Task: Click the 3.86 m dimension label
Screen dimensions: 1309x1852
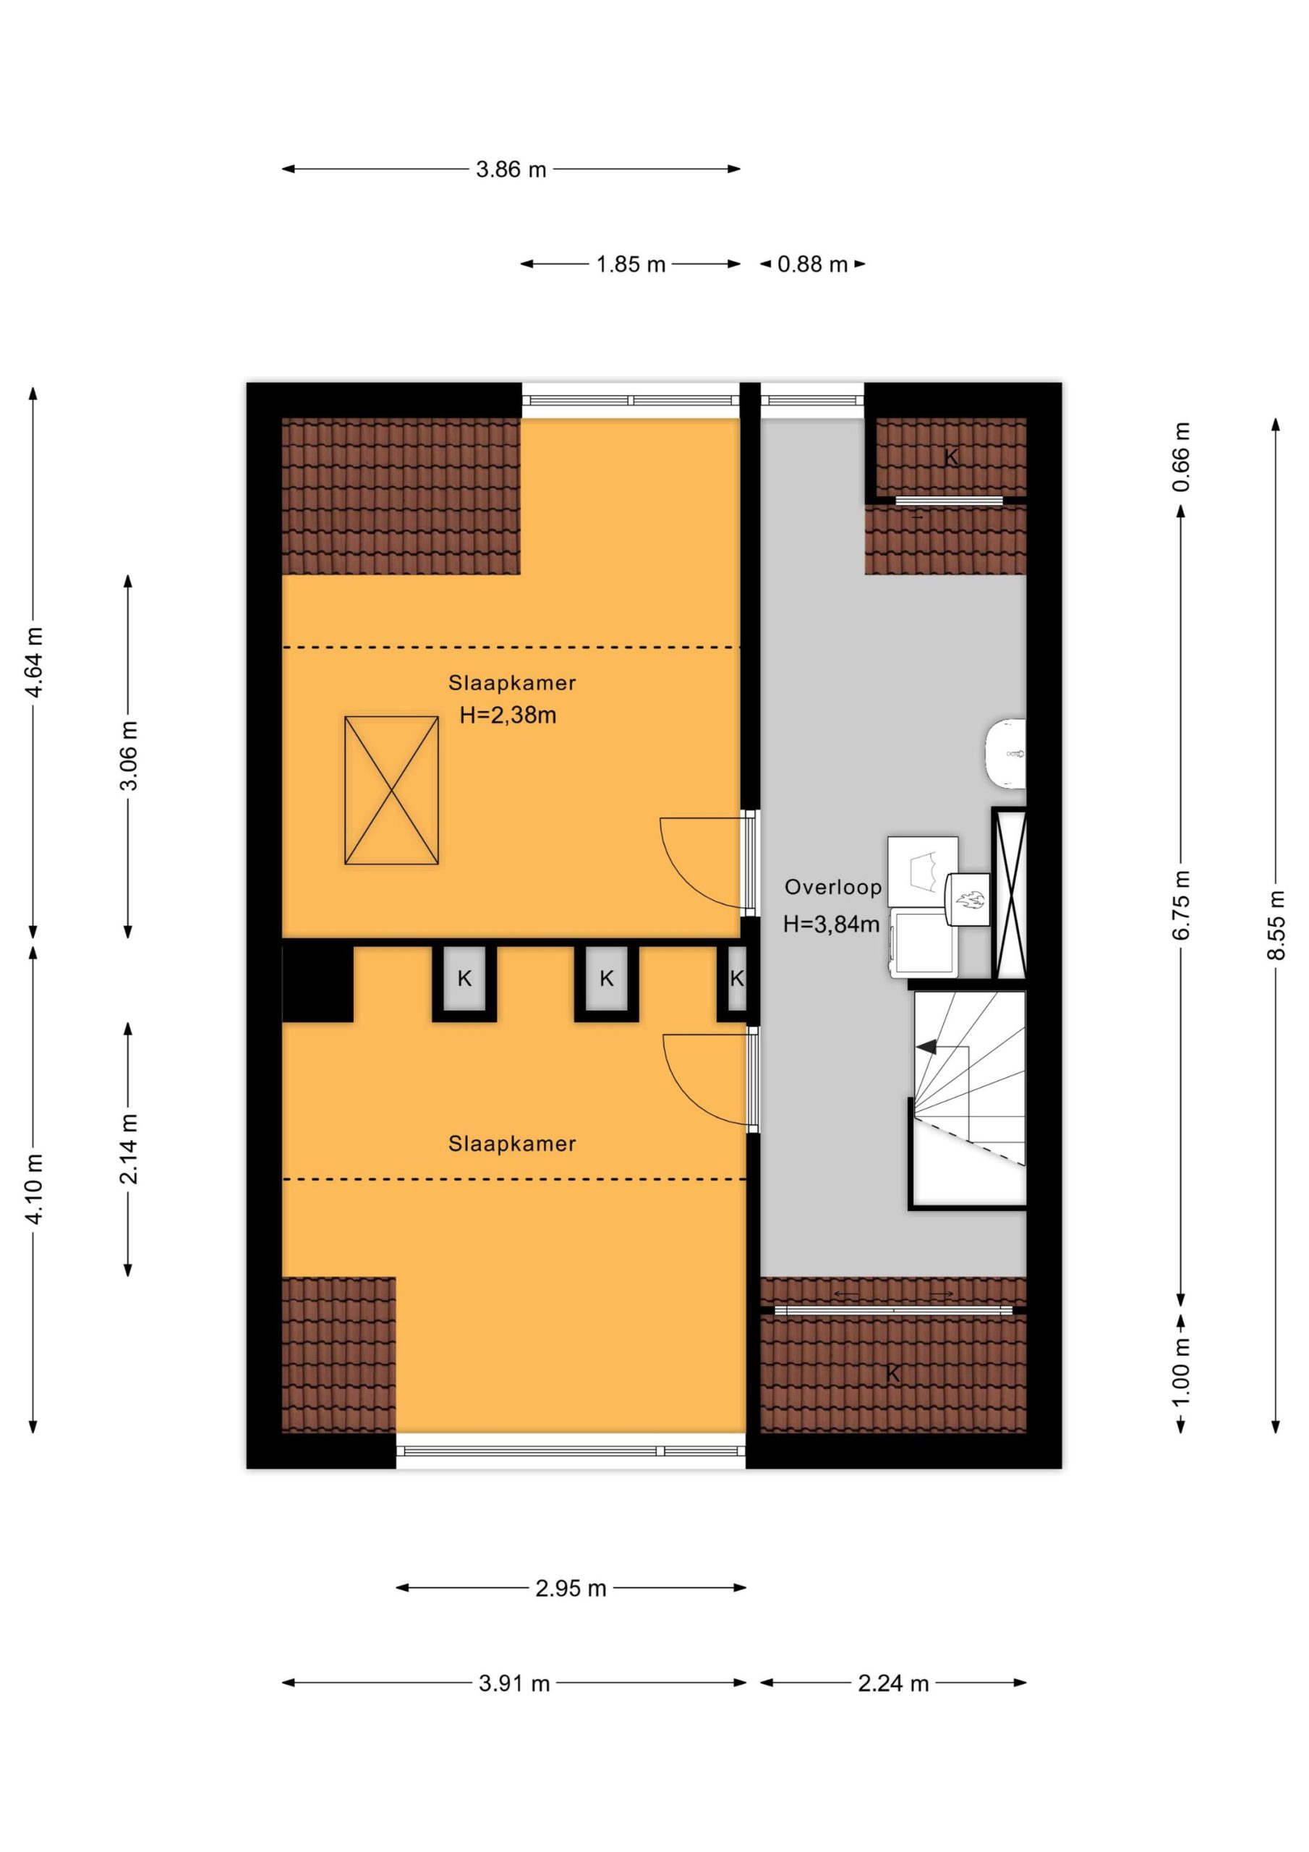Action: [x=511, y=169]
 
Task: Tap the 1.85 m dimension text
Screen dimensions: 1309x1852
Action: [x=631, y=265]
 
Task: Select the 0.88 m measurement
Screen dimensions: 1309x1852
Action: [x=812, y=265]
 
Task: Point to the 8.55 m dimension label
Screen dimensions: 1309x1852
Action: [x=1275, y=925]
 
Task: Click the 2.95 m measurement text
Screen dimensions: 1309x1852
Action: [x=570, y=1588]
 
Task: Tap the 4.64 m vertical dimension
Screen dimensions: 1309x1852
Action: [x=33, y=661]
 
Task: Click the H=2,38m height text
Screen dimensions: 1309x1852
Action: [x=508, y=715]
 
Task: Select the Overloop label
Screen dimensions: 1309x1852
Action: [x=833, y=887]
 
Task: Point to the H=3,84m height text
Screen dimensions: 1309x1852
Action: [x=832, y=925]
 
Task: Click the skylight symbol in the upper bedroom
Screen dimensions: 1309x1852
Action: [x=391, y=791]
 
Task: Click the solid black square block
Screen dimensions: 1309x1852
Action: [x=317, y=982]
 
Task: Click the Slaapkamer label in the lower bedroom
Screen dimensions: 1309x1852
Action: [x=512, y=1144]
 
